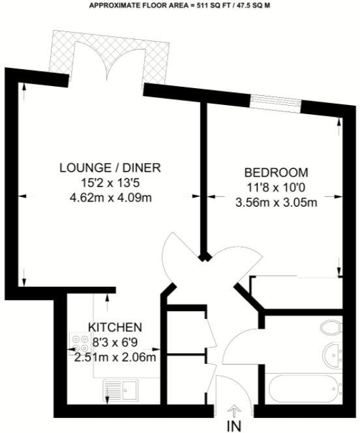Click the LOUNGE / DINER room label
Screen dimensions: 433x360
click(110, 168)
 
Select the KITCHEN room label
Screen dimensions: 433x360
click(115, 327)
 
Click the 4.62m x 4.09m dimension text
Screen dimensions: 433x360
click(110, 198)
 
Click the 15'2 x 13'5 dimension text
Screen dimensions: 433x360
click(110, 183)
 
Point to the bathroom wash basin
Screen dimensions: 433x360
click(333, 355)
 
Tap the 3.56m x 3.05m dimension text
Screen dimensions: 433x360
click(276, 202)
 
